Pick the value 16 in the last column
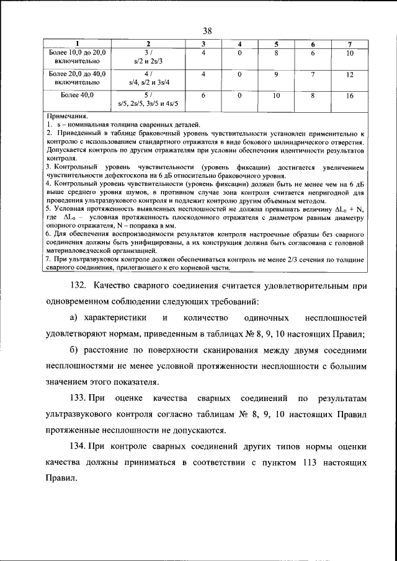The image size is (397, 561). click(x=350, y=96)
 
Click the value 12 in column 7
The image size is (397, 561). click(x=350, y=74)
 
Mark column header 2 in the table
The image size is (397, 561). click(x=148, y=44)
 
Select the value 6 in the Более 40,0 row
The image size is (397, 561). click(x=203, y=95)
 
